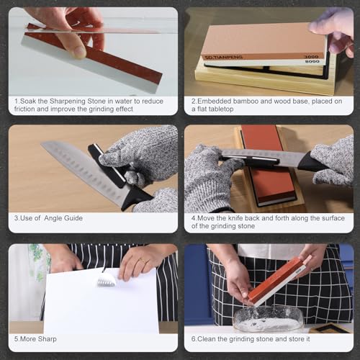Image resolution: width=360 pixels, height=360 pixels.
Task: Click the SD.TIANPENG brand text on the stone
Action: (x=223, y=57)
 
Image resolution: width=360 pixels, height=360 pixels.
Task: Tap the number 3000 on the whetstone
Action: (x=311, y=57)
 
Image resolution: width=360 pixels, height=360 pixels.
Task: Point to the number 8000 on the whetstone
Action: (x=312, y=61)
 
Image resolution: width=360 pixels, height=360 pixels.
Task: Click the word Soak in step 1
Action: (x=27, y=101)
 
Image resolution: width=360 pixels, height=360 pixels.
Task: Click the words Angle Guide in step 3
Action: (x=63, y=218)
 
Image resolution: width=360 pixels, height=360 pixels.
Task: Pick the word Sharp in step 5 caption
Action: (x=48, y=339)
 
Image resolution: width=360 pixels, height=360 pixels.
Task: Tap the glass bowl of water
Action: (x=267, y=319)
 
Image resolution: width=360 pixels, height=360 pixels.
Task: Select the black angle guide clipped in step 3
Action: (x=107, y=166)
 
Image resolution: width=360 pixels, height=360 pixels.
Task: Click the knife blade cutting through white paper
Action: (x=107, y=280)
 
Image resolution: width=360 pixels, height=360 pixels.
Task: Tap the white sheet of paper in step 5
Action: (x=101, y=302)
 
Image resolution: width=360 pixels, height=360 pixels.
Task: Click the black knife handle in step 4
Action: (x=312, y=161)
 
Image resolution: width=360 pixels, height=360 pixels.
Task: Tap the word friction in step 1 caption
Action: (x=24, y=109)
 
